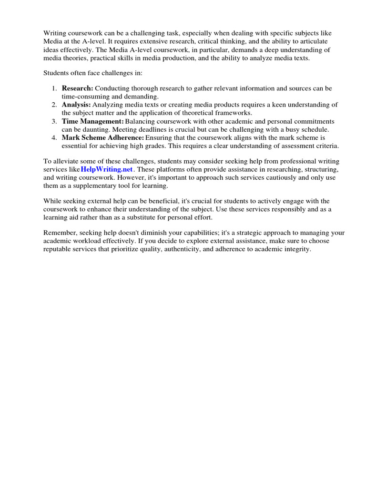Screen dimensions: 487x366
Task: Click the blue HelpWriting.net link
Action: coord(107,169)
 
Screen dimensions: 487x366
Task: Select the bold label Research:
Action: coord(78,88)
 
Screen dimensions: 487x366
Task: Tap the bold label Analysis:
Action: coord(76,105)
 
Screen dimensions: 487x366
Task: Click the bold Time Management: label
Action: coord(93,121)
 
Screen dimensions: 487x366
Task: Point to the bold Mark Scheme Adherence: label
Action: coord(103,137)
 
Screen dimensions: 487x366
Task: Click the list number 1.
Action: coord(54,88)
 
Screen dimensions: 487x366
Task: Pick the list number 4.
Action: coord(54,137)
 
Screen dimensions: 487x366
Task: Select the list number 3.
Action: coord(54,121)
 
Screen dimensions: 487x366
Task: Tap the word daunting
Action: coord(92,129)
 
